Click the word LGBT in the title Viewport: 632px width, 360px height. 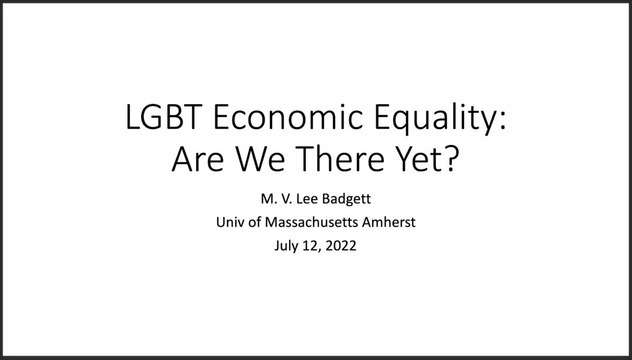pos(164,117)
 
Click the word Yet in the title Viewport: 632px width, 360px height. pos(415,159)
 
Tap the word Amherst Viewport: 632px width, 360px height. pos(389,222)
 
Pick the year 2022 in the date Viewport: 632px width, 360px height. pos(341,245)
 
